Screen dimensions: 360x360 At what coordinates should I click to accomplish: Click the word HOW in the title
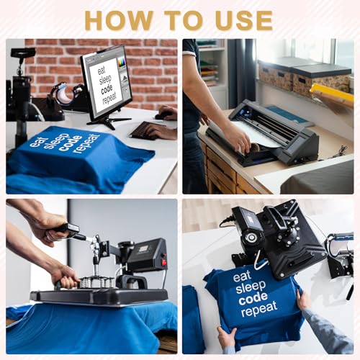(x=119, y=20)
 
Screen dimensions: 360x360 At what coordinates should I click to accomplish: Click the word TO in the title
(x=184, y=20)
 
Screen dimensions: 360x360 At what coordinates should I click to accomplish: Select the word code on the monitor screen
(x=107, y=89)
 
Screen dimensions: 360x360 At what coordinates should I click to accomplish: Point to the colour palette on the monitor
(x=122, y=64)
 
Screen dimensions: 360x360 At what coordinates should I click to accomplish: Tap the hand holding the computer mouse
(x=167, y=113)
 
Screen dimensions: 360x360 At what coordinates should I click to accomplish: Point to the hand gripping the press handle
(x=66, y=276)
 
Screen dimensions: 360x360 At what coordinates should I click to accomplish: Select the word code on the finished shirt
(x=253, y=298)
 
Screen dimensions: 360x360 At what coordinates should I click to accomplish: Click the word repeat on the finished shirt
(x=259, y=310)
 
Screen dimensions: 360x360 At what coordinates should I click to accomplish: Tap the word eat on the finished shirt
(x=242, y=277)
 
